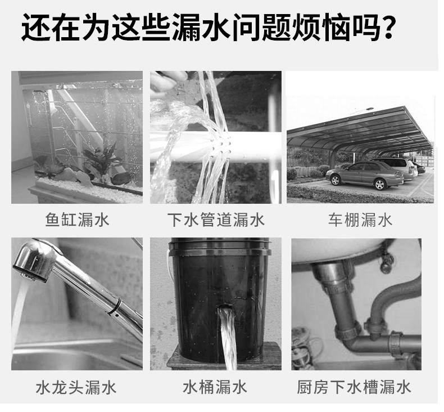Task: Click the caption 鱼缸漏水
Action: click(77, 220)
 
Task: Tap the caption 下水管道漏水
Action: click(215, 220)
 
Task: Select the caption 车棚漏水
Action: click(360, 220)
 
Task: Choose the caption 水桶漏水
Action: click(215, 387)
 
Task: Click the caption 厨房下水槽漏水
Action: click(354, 387)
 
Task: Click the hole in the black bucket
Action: click(224, 309)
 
